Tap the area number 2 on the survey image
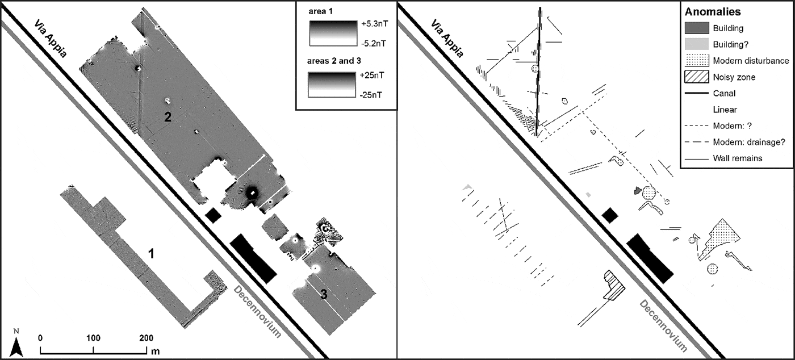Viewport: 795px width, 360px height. tap(168, 117)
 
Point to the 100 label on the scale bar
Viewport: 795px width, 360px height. tap(93, 337)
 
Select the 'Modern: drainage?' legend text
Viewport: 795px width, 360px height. tap(748, 142)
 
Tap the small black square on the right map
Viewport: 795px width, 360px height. tap(609, 215)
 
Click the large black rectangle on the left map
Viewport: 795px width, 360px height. tap(253, 257)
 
